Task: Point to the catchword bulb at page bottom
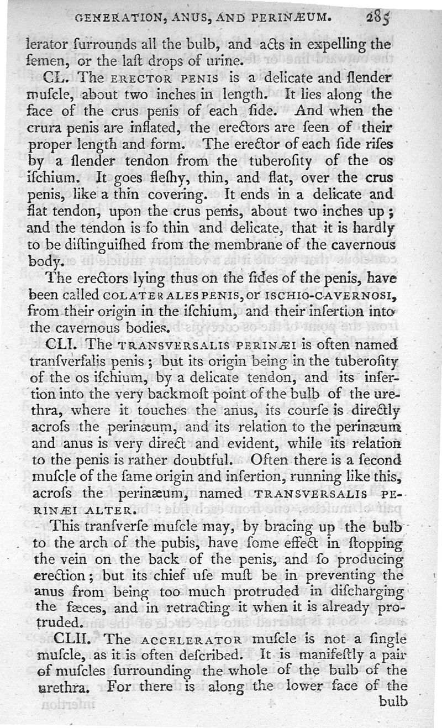(393, 701)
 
